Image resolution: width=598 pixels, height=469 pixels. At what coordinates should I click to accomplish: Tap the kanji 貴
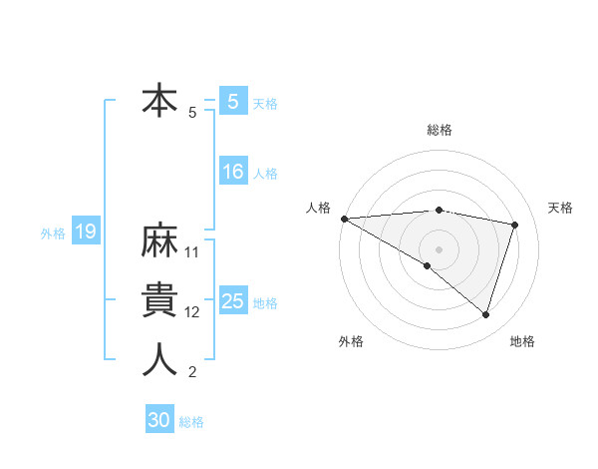159,300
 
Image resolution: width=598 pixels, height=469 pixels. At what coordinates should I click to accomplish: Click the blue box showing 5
232,102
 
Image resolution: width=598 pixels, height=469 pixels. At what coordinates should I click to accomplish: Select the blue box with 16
232,172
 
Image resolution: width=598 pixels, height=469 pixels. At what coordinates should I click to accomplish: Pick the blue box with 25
232,301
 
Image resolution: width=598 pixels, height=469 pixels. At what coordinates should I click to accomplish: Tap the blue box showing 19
85,233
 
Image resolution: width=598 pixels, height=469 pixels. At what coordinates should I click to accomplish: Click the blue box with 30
159,420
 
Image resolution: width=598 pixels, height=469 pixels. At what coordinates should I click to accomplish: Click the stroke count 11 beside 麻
192,251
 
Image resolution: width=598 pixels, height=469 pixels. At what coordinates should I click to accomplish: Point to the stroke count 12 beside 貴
192,312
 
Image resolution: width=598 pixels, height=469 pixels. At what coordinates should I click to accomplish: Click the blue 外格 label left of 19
53,234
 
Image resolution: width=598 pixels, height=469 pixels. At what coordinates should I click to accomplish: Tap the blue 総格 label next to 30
191,422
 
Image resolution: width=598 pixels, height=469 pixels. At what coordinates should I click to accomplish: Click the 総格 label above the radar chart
439,130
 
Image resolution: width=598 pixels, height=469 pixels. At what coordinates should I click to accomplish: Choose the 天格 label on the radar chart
560,208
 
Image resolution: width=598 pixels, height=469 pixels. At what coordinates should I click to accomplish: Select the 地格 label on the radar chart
522,341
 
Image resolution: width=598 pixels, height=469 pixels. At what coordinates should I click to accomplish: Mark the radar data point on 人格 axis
344,218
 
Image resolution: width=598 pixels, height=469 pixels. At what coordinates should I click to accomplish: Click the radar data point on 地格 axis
485,314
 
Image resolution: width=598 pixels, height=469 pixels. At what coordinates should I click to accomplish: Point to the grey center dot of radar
439,247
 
